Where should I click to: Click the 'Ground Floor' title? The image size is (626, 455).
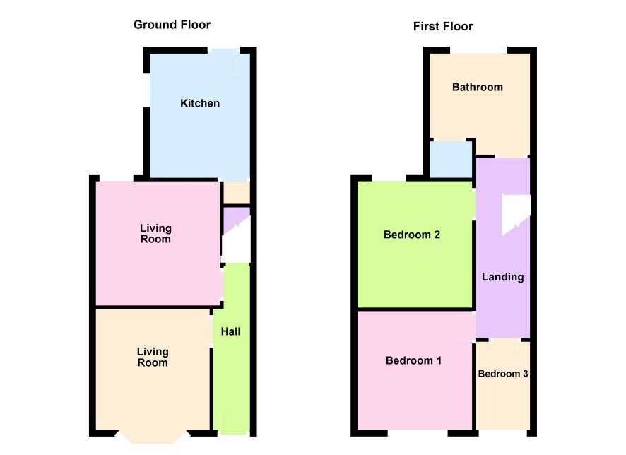pos(172,25)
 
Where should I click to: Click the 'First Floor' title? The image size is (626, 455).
pos(443,26)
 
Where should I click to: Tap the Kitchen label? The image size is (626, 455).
pos(200,103)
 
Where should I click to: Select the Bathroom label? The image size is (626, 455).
pos(477,88)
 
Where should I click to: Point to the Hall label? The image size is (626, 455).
pos(231,331)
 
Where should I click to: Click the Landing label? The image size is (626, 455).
pos(502,277)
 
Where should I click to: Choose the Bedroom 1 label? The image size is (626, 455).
pos(413,361)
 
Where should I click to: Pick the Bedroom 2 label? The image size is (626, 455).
pos(412,235)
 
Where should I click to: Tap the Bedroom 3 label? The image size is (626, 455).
pos(502,374)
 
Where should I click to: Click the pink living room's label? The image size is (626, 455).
pos(155,233)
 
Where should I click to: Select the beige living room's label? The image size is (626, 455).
pos(153,357)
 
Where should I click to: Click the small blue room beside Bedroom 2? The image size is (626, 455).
pos(451,160)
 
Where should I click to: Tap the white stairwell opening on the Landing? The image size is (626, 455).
pos(515,213)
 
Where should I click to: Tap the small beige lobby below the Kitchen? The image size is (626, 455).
pos(237,193)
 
